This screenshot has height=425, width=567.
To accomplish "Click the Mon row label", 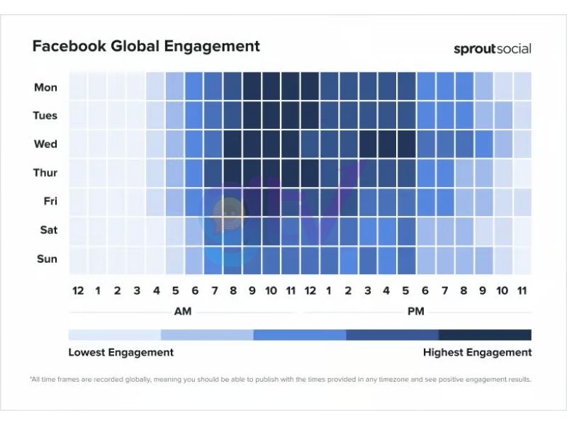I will [x=46, y=88].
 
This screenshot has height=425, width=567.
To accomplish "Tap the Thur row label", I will [x=45, y=173].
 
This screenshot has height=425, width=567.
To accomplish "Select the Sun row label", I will [x=47, y=259].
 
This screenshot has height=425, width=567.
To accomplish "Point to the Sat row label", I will [x=47, y=230].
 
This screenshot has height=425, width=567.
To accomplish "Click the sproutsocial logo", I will [x=492, y=49].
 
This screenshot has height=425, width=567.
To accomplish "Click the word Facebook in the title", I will [x=68, y=47].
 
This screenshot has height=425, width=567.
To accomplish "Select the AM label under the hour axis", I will [x=183, y=312].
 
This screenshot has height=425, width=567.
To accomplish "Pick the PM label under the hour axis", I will [x=416, y=312].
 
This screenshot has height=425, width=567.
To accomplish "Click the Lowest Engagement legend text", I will [x=120, y=352].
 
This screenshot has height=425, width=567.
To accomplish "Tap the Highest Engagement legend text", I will [x=477, y=352].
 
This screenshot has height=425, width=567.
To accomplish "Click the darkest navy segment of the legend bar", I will [x=485, y=335].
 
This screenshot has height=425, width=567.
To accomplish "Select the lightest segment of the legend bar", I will [x=115, y=335].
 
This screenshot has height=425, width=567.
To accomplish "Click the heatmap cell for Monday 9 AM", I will [x=252, y=86].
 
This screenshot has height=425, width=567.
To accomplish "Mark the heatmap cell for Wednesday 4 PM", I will [x=387, y=144].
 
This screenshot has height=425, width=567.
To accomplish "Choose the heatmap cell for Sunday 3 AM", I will [x=136, y=259].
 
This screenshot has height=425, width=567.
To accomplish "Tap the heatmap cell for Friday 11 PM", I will [x=522, y=202].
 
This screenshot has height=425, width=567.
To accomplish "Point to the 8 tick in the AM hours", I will [x=233, y=290].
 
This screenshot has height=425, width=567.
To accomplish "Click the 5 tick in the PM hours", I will [x=406, y=290].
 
